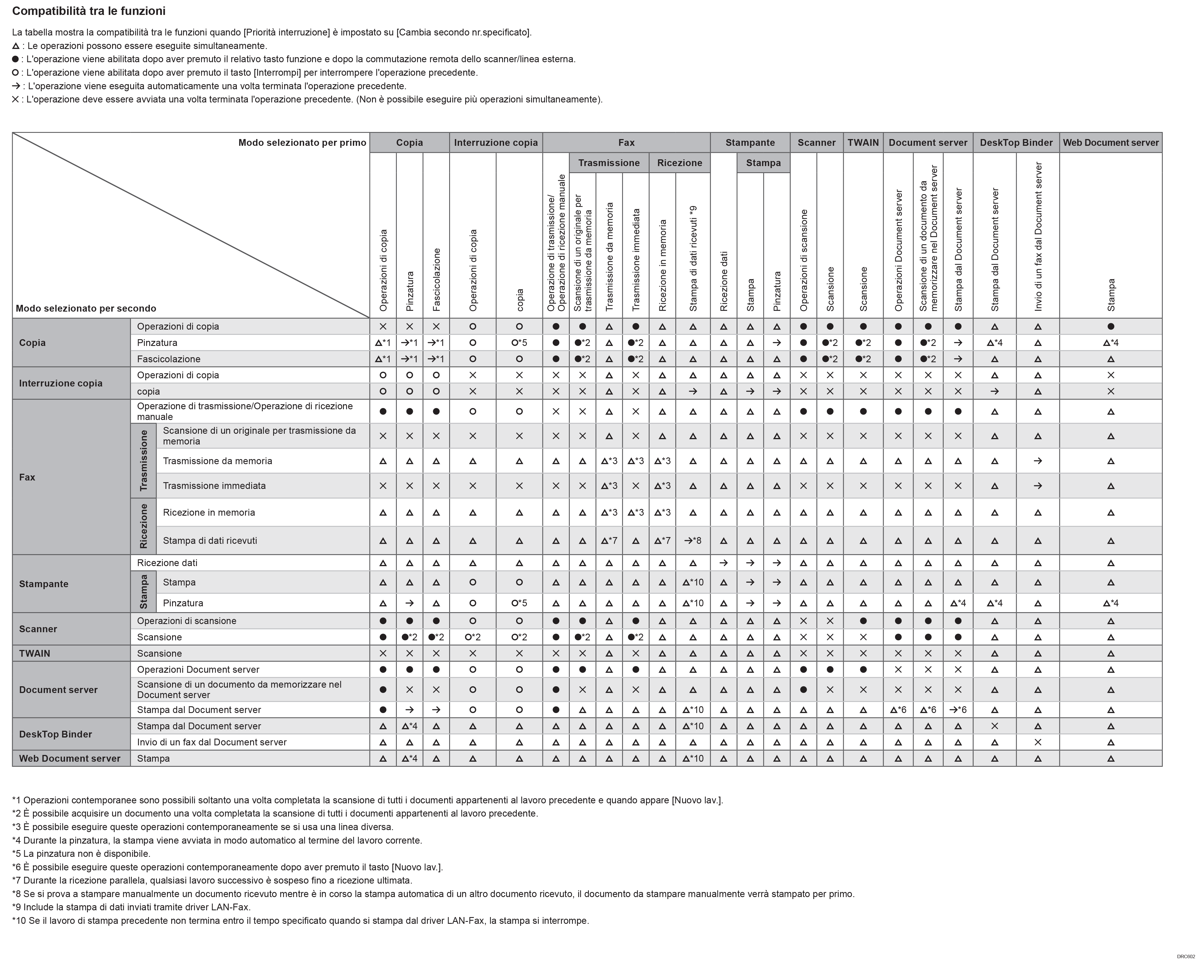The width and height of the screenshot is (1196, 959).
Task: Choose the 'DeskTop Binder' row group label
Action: click(55, 734)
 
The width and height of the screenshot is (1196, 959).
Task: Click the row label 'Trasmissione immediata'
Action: click(214, 486)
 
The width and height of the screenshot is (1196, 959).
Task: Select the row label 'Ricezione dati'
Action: click(167, 563)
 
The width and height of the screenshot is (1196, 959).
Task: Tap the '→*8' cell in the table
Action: click(692, 540)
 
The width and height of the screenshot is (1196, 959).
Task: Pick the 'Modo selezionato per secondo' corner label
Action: click(86, 308)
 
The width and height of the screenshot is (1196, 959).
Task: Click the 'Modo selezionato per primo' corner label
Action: click(302, 142)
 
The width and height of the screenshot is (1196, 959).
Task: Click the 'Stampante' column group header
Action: click(750, 142)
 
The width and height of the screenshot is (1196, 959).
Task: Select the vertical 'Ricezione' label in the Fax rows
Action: click(144, 526)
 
